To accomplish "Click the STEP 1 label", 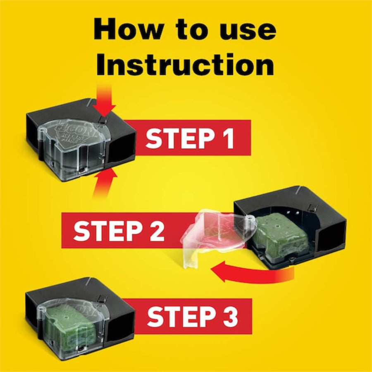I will (190, 138).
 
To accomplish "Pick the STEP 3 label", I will (193, 316).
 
